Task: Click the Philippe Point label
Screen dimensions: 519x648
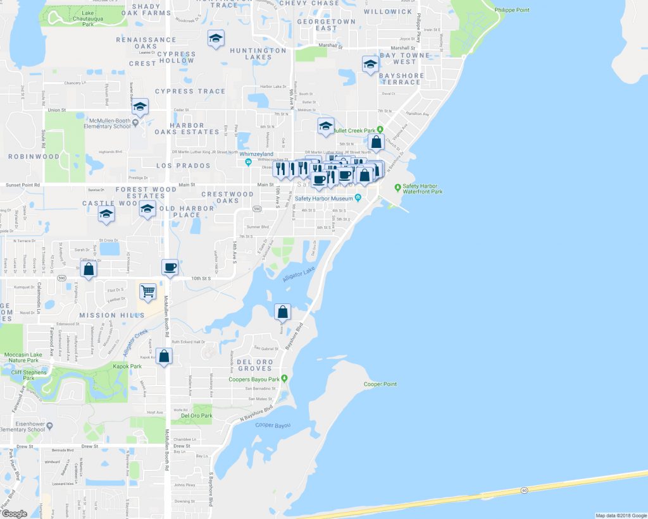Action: pyautogui.click(x=511, y=9)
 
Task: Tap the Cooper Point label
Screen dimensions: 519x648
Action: pyautogui.click(x=380, y=384)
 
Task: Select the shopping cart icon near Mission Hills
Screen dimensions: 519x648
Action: pyautogui.click(x=147, y=291)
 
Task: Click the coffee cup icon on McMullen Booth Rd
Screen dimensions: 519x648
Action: pyautogui.click(x=170, y=267)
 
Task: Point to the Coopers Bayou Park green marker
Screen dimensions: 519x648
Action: pyautogui.click(x=285, y=379)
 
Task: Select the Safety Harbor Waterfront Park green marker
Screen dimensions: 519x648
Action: pyautogui.click(x=397, y=187)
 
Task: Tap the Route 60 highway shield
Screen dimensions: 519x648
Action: pyautogui.click(x=525, y=490)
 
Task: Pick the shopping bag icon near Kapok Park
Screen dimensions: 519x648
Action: pyautogui.click(x=164, y=357)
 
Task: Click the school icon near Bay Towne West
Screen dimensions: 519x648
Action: pyautogui.click(x=370, y=63)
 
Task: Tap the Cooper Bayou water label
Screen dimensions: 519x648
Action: pyautogui.click(x=273, y=425)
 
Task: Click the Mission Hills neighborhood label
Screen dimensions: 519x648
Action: pyautogui.click(x=106, y=315)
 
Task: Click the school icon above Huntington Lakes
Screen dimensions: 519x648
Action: pyautogui.click(x=216, y=38)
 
